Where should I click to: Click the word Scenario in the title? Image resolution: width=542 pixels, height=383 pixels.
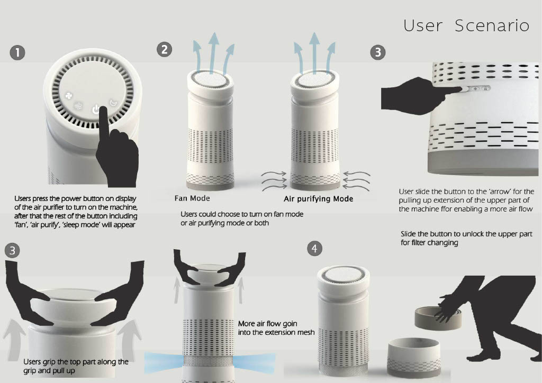(492, 25)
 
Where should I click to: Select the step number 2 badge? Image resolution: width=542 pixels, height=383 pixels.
(164, 49)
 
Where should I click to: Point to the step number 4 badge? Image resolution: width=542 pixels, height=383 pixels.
(314, 248)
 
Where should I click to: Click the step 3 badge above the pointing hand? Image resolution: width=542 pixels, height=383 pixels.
(378, 52)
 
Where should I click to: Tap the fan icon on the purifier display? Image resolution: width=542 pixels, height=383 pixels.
(69, 96)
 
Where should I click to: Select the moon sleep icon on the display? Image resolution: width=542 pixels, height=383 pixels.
(113, 103)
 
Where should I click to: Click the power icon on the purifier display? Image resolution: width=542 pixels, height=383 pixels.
(96, 110)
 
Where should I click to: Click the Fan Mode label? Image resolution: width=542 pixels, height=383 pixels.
(192, 198)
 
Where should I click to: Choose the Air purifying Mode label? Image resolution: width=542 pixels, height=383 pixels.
(318, 199)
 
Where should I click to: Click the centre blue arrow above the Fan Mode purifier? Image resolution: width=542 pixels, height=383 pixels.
(214, 52)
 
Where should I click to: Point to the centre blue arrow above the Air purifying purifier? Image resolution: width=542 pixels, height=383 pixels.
(314, 52)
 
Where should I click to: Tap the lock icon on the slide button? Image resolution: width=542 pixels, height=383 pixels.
(485, 89)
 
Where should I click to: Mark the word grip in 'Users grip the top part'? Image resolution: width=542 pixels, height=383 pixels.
(48, 362)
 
